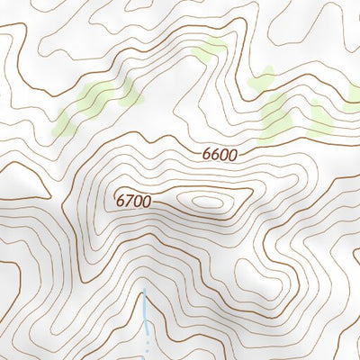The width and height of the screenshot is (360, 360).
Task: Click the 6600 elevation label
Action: pyautogui.click(x=220, y=154)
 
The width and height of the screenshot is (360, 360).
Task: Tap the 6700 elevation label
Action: pyautogui.click(x=133, y=202)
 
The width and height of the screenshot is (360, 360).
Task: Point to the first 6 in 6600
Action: pyautogui.click(x=207, y=154)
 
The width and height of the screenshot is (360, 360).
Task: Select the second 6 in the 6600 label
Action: pyautogui.click(x=215, y=154)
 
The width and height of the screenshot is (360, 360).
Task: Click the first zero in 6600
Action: pyautogui.click(x=224, y=154)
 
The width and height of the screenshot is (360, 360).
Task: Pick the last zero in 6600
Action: pyautogui.click(x=232, y=154)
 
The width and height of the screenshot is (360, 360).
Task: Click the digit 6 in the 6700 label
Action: pyautogui.click(x=121, y=202)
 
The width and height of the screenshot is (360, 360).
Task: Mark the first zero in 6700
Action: pyautogui.click(x=138, y=202)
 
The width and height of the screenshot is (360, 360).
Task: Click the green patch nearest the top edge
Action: pyautogui.click(x=212, y=49)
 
